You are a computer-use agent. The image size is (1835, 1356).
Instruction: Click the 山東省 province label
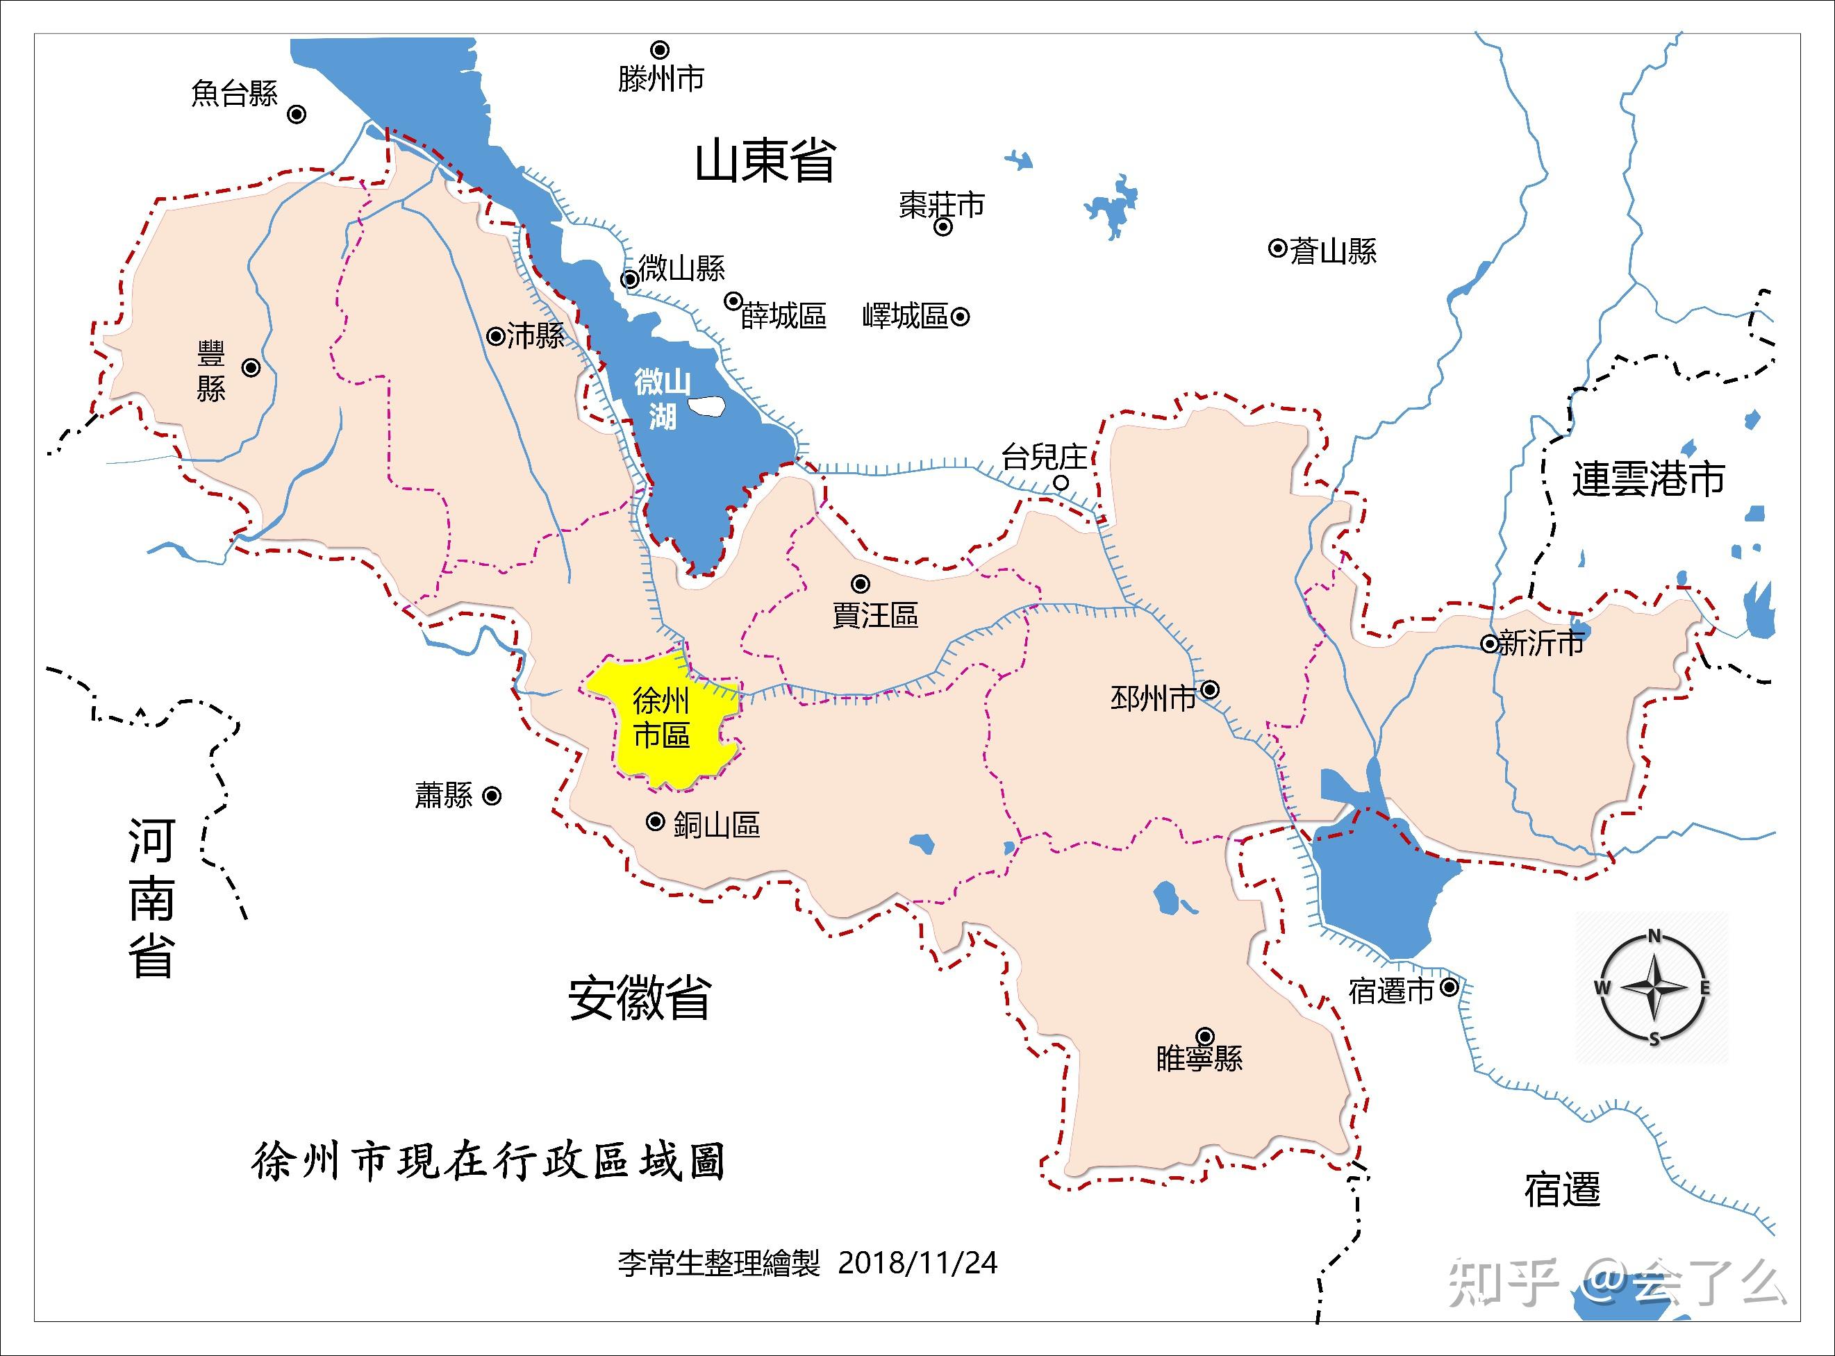[x=765, y=161]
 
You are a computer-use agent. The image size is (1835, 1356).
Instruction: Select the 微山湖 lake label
[x=662, y=400]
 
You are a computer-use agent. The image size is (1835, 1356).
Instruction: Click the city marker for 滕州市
[x=660, y=50]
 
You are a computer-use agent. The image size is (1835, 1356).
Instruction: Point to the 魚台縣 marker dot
[x=297, y=114]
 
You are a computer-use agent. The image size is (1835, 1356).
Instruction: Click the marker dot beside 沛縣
[x=496, y=336]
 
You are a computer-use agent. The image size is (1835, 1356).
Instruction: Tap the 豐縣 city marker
[x=251, y=368]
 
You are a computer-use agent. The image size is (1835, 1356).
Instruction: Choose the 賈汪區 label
[x=875, y=614]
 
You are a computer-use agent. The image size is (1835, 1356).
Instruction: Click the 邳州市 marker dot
[x=1209, y=689]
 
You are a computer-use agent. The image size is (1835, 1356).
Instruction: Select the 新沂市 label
[x=1541, y=644]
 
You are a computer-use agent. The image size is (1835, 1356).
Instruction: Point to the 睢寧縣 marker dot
[x=1205, y=1035]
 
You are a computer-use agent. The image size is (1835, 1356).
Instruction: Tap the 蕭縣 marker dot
[x=492, y=796]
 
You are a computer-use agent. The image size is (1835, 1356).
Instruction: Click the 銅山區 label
[x=717, y=825]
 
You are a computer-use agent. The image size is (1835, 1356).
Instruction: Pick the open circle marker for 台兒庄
[x=1061, y=483]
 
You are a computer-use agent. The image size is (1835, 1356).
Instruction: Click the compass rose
[x=1654, y=987]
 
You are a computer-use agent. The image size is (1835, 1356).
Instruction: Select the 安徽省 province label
[x=640, y=998]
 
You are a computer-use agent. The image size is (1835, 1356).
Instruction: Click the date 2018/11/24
[x=917, y=1262]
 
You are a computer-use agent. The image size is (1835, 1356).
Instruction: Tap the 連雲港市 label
[x=1649, y=479]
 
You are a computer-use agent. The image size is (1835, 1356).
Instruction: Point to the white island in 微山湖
[x=706, y=405]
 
